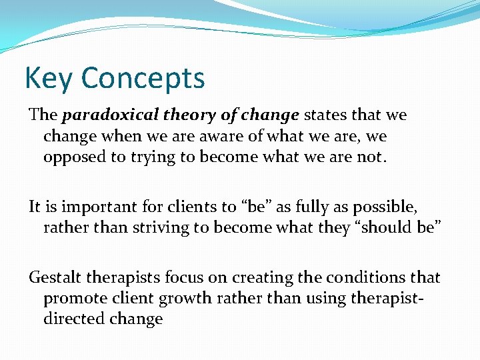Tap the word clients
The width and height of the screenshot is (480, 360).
[182, 207]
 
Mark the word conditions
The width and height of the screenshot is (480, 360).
[363, 277]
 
